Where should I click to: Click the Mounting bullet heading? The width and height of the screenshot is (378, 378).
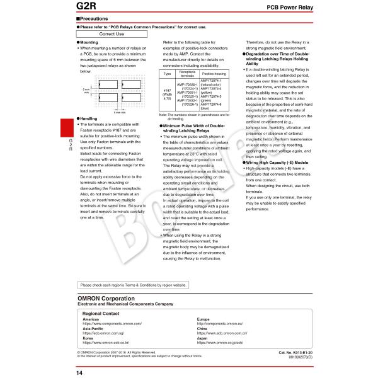(x=88, y=42)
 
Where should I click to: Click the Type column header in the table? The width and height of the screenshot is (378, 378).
(x=167, y=74)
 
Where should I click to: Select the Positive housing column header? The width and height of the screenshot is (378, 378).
(x=214, y=74)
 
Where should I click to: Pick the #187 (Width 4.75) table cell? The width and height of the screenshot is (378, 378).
(x=167, y=94)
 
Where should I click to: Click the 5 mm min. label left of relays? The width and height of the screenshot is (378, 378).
(x=86, y=91)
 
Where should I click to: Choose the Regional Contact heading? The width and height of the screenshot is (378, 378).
(x=101, y=313)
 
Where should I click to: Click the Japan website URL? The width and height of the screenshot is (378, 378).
(x=220, y=343)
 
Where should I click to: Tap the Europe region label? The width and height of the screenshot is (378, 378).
(x=203, y=319)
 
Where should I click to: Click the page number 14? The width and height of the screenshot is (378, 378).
(x=79, y=372)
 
